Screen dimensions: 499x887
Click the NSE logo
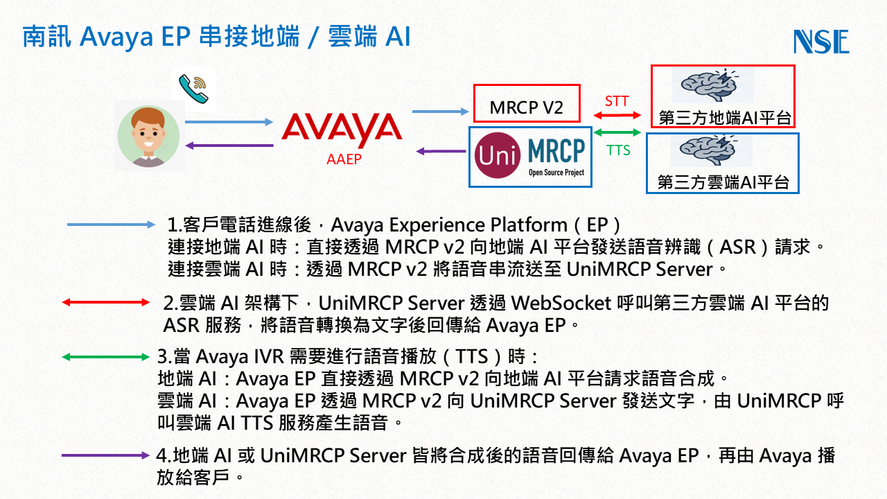pyautogui.click(x=821, y=42)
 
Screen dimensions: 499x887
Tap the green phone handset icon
pyautogui.click(x=193, y=89)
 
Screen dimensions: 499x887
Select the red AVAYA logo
pyautogui.click(x=342, y=130)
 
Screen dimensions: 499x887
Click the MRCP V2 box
pyautogui.click(x=526, y=107)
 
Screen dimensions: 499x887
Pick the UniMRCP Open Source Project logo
pyautogui.click(x=530, y=157)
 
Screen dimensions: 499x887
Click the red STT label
pyautogui.click(x=616, y=101)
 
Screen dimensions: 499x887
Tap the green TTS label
pyautogui.click(x=618, y=150)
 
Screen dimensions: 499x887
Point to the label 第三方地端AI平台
pyautogui.click(x=724, y=118)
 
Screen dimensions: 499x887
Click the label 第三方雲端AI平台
pyautogui.click(x=723, y=183)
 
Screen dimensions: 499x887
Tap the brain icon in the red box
pyautogui.click(x=712, y=84)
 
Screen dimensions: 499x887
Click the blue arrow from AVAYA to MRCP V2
pyautogui.click(x=439, y=110)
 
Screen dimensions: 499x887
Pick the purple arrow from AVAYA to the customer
pyautogui.click(x=229, y=146)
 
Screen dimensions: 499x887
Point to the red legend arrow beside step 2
pyautogui.click(x=105, y=303)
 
